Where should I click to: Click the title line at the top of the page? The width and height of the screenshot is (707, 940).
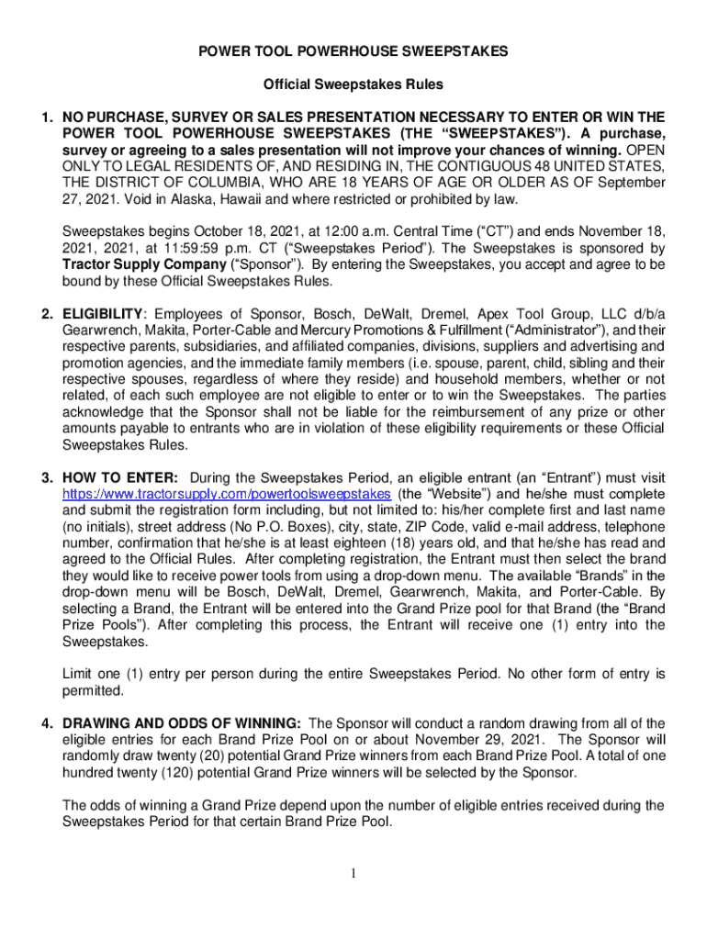353,52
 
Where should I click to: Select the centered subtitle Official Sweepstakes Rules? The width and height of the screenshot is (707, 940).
353,85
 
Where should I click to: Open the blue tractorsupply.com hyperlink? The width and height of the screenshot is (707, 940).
226,494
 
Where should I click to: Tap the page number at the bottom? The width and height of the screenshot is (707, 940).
353,872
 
